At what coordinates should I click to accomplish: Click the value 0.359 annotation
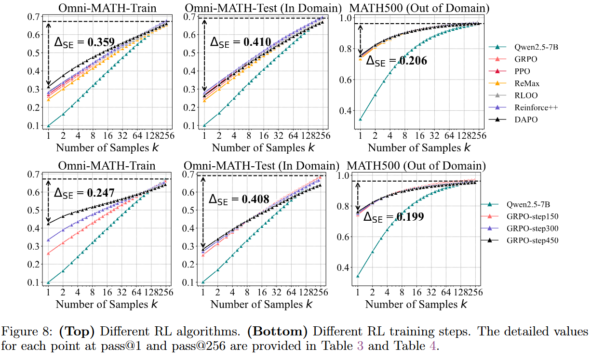click(101, 42)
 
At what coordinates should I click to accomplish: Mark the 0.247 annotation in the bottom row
click(101, 193)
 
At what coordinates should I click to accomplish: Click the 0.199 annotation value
click(410, 217)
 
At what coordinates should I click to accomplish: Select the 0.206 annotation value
click(413, 61)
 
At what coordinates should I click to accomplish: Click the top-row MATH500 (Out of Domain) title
click(418, 8)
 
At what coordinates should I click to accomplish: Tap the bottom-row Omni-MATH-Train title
click(107, 166)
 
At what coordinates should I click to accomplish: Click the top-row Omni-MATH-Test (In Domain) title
click(263, 8)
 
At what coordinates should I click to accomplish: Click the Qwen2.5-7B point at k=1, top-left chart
click(49, 126)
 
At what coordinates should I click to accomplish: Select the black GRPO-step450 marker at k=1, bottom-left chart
click(49, 224)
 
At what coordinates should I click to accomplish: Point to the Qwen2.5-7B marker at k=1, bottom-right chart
click(357, 276)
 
